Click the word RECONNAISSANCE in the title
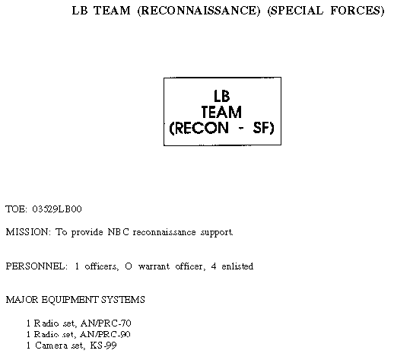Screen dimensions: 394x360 coord(199,11)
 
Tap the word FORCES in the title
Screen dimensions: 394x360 coord(357,11)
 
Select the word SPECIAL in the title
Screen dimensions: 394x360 coord(295,11)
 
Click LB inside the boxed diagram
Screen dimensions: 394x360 coord(222,96)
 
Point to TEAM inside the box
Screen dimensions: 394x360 coord(222,112)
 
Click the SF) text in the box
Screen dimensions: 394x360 coord(263,128)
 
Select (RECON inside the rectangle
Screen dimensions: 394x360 coord(199,128)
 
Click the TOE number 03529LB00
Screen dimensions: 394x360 coord(57,209)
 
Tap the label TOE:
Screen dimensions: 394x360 coord(16,209)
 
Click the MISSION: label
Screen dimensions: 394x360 coord(28,232)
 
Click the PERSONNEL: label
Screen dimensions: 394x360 coord(37,266)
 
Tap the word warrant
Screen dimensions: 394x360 coord(154,266)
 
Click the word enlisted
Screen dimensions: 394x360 coord(237,266)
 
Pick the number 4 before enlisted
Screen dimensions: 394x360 coord(214,266)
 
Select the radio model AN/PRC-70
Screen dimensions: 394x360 coord(106,323)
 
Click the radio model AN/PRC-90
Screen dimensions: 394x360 coord(105,334)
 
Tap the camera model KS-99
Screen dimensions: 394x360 coord(103,346)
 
